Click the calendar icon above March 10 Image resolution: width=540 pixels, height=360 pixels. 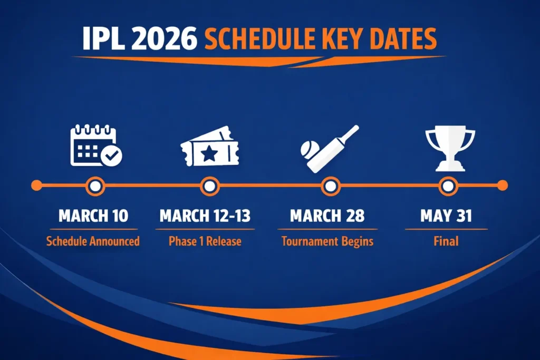[x=95, y=146]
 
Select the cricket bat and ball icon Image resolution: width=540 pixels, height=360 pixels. [x=329, y=149]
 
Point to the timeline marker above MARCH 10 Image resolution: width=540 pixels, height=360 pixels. [x=95, y=186]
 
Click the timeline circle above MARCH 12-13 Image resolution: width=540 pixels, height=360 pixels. [x=209, y=186]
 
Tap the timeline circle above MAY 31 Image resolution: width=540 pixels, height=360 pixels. [x=447, y=186]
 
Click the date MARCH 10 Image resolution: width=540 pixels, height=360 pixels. [x=93, y=216]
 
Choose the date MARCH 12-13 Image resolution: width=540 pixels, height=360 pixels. [x=205, y=216]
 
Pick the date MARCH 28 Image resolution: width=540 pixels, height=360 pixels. [x=327, y=216]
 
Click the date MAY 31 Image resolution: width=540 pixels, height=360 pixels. [x=447, y=216]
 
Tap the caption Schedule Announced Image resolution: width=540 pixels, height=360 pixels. [x=93, y=241]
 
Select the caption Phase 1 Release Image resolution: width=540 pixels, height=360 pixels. [x=205, y=241]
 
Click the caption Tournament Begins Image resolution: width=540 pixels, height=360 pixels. [x=327, y=241]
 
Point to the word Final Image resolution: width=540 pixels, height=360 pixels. [x=447, y=241]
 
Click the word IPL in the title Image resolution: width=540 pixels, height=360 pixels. [x=101, y=39]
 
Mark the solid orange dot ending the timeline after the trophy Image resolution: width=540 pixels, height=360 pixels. [x=503, y=186]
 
